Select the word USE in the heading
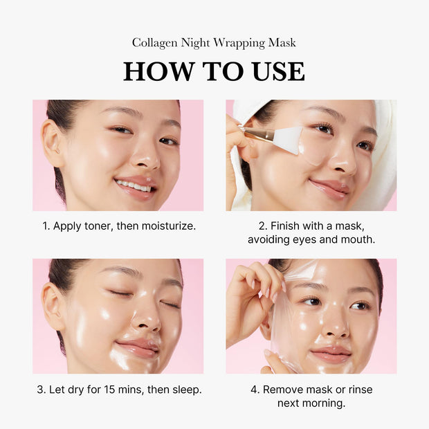pos(275,71)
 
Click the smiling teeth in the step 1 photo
pos(133,186)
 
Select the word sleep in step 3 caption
pos(185,390)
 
